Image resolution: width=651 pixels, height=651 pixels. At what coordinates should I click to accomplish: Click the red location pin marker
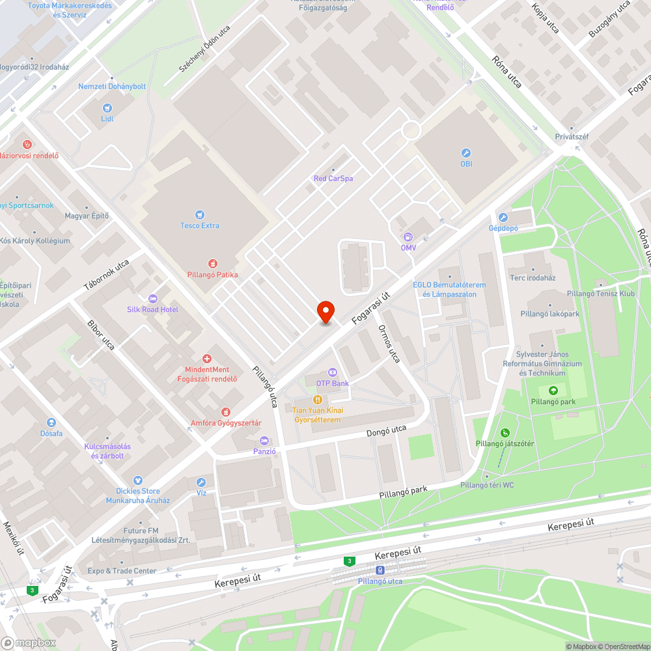tap(325, 312)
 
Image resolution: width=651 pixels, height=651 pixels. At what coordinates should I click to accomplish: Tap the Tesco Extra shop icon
tap(200, 214)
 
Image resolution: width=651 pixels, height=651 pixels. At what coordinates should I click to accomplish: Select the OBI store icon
tap(466, 152)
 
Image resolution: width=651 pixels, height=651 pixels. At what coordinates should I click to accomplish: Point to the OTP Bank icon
tap(332, 372)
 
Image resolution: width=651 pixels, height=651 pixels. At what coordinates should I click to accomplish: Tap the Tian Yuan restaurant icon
tap(318, 399)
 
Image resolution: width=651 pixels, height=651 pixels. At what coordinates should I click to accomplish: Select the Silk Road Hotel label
tap(153, 309)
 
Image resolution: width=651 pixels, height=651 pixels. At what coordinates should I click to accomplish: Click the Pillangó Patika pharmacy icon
tap(212, 263)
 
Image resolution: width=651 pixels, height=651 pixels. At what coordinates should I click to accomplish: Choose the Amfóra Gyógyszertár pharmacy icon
tap(226, 412)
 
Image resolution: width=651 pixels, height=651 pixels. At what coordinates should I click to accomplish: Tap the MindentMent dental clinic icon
tap(207, 358)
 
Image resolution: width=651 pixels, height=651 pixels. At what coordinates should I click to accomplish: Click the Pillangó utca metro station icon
tap(380, 570)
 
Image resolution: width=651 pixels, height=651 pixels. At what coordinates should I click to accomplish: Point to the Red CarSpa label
tap(333, 178)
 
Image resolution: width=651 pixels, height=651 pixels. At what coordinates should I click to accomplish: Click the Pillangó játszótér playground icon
tap(505, 433)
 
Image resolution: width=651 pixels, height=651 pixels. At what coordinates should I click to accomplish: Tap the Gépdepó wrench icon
tap(503, 217)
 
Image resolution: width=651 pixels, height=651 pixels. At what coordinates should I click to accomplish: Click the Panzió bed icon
tap(264, 441)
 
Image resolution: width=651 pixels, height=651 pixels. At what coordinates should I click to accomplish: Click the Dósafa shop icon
tap(51, 422)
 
